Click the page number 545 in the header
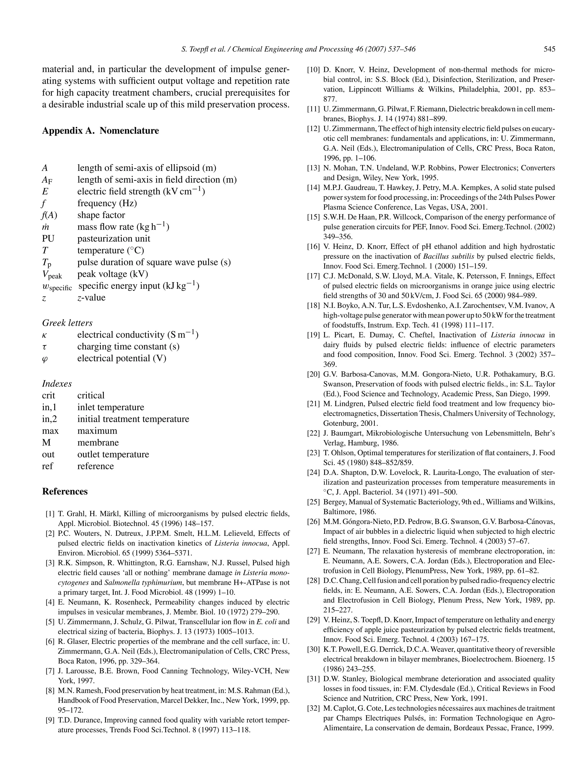click(549, 49)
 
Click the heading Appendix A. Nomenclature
click(100, 131)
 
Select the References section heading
click(65, 491)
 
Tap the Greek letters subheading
click(67, 323)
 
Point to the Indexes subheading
click(57, 384)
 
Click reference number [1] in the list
click(50, 514)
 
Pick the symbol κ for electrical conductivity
click(45, 335)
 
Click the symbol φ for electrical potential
click(45, 359)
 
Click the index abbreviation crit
click(48, 395)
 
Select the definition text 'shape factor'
click(101, 215)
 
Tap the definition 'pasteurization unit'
click(114, 239)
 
